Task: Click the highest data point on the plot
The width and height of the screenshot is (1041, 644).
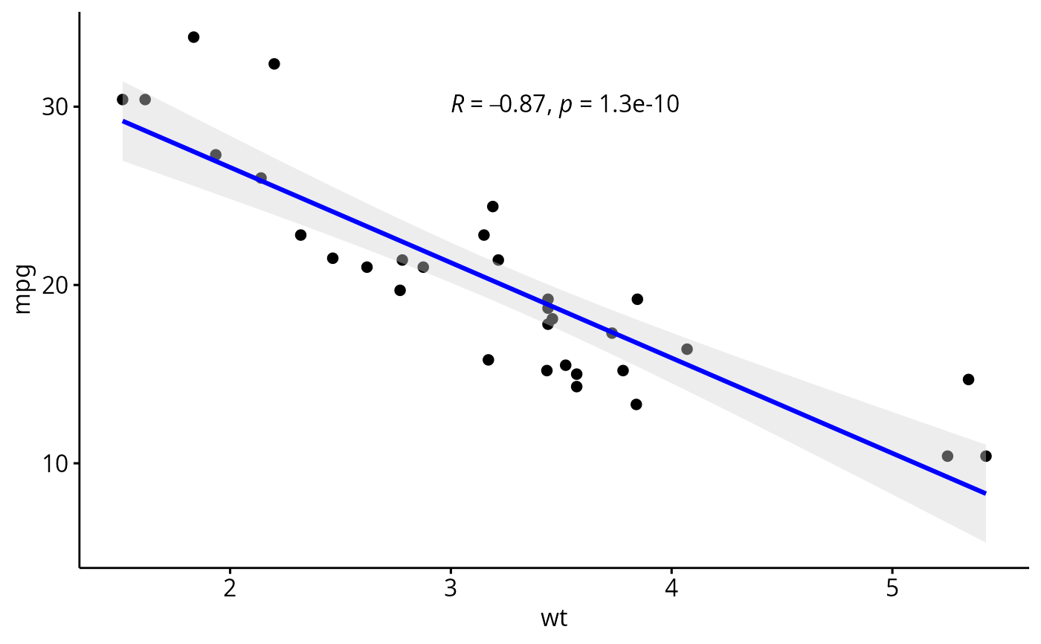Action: (193, 37)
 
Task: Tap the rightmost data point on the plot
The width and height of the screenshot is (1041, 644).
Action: (986, 456)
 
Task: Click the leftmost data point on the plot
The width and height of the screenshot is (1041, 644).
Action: (123, 100)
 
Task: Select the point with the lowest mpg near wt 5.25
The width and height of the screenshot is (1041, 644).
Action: (947, 456)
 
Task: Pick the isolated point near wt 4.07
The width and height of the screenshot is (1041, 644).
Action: (687, 350)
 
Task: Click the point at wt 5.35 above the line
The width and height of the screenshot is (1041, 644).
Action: (968, 379)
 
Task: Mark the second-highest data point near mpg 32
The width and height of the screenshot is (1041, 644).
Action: (274, 64)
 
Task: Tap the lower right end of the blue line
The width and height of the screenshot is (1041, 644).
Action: (985, 493)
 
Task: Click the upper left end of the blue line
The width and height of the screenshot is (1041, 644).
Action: (123, 120)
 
